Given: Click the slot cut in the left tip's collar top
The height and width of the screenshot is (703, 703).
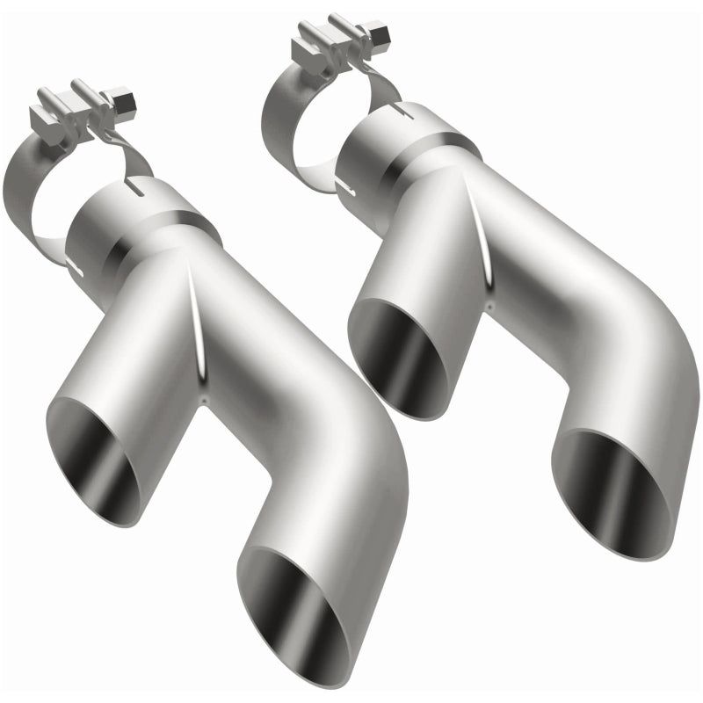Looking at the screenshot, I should point(135,187).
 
